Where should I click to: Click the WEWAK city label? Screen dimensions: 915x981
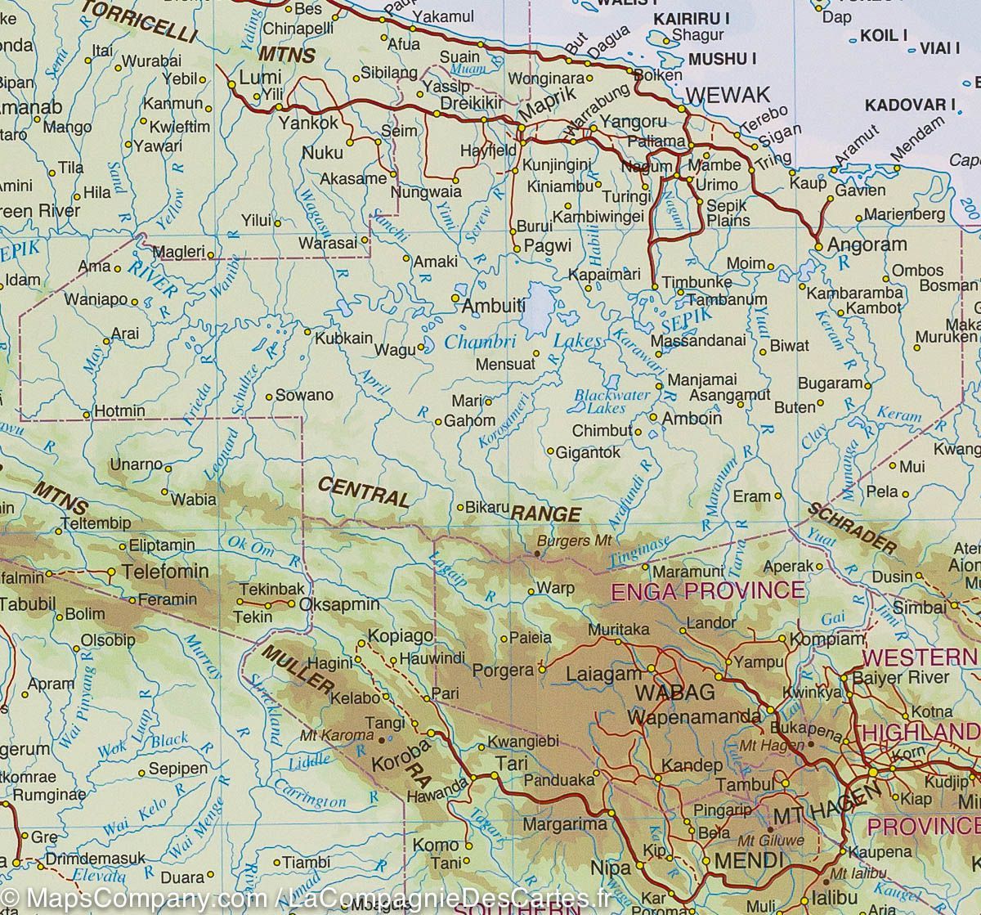pos(727,95)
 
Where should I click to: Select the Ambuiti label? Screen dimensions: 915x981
pos(493,306)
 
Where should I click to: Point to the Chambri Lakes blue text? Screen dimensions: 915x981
pos(523,342)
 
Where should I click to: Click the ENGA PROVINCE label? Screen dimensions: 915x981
pos(708,590)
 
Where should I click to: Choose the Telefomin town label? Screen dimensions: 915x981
pos(165,571)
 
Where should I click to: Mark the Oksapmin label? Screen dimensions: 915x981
pos(340,605)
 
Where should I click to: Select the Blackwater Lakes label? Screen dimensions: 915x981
pos(611,401)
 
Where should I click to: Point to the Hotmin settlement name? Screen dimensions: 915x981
pos(120,410)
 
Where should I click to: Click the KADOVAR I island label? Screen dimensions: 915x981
pos(910,105)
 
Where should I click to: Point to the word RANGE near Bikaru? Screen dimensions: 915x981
pos(546,514)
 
